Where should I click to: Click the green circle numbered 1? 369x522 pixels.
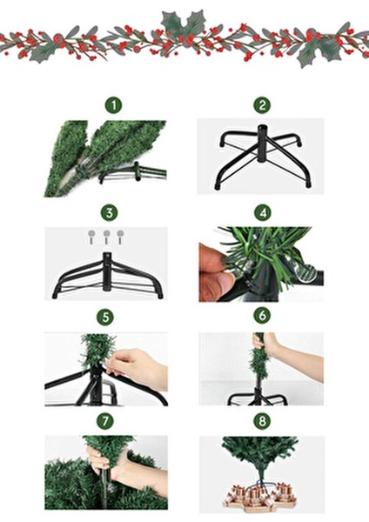(x=114, y=105)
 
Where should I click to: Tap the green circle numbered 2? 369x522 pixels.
(x=262, y=105)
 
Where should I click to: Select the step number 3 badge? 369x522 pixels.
(x=110, y=212)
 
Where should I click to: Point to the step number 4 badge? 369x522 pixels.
(x=263, y=212)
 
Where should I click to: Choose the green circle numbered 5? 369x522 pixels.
(x=105, y=318)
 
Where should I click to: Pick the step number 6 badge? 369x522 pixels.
(x=262, y=315)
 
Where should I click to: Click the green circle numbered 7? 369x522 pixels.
(x=105, y=421)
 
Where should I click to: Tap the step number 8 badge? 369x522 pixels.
(x=262, y=421)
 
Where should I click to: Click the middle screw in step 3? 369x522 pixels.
(x=106, y=237)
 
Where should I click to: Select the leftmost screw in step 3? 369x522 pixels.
(x=91, y=237)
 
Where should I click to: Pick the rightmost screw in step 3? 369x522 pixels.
(x=121, y=237)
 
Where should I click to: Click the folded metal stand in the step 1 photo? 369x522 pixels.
(x=133, y=173)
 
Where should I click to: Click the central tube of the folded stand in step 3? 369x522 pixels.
(x=106, y=271)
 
